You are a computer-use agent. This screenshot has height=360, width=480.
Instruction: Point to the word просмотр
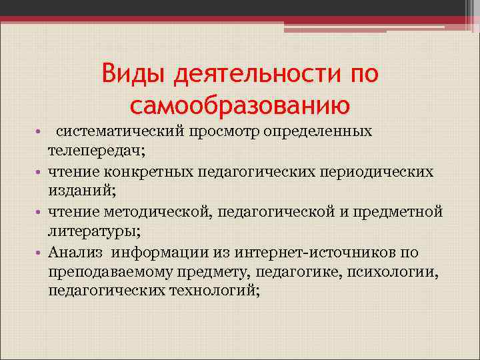tap(228, 131)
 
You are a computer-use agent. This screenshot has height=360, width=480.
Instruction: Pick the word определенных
tap(318, 131)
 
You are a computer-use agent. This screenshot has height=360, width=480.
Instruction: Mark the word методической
tap(156, 212)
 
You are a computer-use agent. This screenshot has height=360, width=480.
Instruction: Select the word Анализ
tap(77, 252)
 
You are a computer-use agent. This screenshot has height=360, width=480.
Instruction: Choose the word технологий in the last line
tap(214, 291)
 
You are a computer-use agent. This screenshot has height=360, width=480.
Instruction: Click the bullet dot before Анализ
tap(40, 253)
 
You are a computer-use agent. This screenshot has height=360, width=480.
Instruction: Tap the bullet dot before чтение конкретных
tap(40, 173)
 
